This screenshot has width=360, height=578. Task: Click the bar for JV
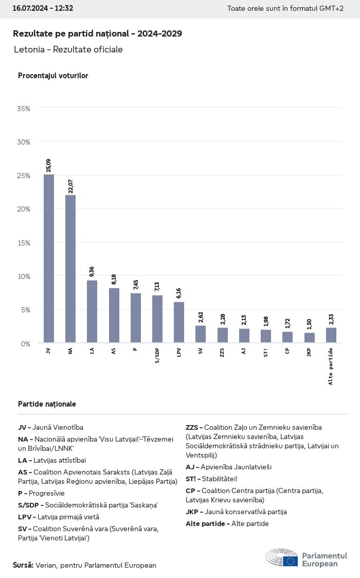coord(49,258)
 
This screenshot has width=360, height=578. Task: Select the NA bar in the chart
coord(70,269)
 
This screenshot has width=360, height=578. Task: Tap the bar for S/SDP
coord(157,319)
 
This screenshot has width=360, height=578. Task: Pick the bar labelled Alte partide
coord(331,335)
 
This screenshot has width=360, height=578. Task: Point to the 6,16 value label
coord(179,293)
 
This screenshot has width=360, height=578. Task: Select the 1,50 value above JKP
coord(309,324)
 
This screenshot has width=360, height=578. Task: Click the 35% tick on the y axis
coord(24,109)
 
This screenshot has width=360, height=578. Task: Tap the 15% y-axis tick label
coord(24,242)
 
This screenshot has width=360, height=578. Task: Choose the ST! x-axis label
coord(266,353)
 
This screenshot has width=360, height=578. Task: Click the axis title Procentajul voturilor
coord(53,76)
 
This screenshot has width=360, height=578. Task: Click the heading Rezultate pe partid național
coord(97,33)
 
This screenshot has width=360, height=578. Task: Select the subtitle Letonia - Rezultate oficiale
coord(68,49)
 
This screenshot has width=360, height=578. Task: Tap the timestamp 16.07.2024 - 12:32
coord(43,8)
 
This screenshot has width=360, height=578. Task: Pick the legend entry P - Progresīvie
coord(41,493)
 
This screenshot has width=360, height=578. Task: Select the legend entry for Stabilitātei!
coord(211,479)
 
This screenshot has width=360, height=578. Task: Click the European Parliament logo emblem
coord(282,558)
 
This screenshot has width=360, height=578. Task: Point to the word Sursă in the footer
coord(23,565)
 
